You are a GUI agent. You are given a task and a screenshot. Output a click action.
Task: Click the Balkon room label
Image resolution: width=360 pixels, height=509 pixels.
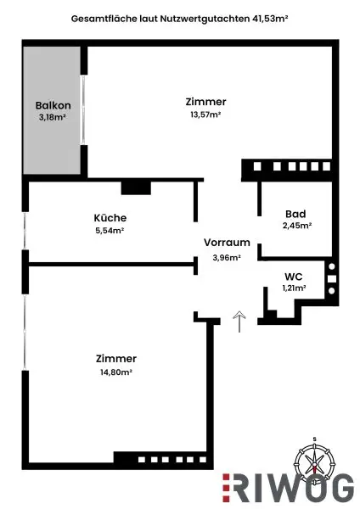coord(52,106)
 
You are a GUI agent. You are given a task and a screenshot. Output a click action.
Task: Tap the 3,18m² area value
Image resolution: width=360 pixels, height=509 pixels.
coord(52,119)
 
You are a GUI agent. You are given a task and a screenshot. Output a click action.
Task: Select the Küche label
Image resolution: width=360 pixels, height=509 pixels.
coord(110,216)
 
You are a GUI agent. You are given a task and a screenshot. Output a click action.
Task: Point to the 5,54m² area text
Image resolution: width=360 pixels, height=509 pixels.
coord(110,230)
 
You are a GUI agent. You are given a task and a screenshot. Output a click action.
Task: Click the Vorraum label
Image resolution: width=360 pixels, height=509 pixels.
coord(227,243)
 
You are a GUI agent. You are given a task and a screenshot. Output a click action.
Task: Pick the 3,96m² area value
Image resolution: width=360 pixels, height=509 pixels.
coord(227,257)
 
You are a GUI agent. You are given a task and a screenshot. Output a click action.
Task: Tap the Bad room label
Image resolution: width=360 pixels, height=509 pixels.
coord(296,214)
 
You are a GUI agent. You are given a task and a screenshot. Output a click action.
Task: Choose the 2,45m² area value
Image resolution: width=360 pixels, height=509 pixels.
coord(296,227)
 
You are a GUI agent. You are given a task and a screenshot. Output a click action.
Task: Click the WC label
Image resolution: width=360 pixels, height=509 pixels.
coord(294,276)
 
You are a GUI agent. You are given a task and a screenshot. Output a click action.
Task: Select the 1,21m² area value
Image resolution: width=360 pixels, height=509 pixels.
coord(294,288)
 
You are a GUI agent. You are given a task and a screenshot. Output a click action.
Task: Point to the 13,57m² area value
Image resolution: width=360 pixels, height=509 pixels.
coord(205,115)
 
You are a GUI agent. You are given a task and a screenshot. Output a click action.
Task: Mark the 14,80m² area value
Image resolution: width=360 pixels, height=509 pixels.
coord(116,372)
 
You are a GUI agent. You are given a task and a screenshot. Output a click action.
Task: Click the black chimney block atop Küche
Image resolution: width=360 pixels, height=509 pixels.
coord(134,187)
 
